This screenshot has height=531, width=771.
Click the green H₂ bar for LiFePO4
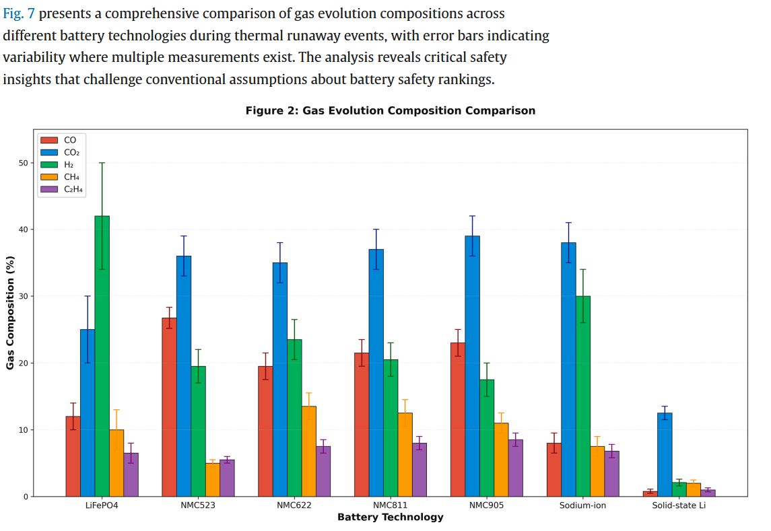(x=102, y=356)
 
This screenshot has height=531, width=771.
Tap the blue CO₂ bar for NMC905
(x=472, y=366)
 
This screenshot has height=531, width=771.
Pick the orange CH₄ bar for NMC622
(x=309, y=451)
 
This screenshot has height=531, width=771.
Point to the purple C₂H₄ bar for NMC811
(x=420, y=470)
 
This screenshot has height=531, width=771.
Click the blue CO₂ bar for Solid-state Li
(x=665, y=454)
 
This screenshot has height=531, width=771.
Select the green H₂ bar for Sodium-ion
(x=583, y=396)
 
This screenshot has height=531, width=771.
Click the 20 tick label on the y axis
(x=25, y=363)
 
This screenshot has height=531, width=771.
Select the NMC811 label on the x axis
(x=391, y=505)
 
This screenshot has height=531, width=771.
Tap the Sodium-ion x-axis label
(x=583, y=505)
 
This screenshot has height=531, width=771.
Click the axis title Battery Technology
(x=391, y=517)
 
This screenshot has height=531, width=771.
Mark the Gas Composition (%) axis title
(x=10, y=312)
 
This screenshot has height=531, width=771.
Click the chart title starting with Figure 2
(x=391, y=110)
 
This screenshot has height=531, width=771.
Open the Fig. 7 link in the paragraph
(x=19, y=13)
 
